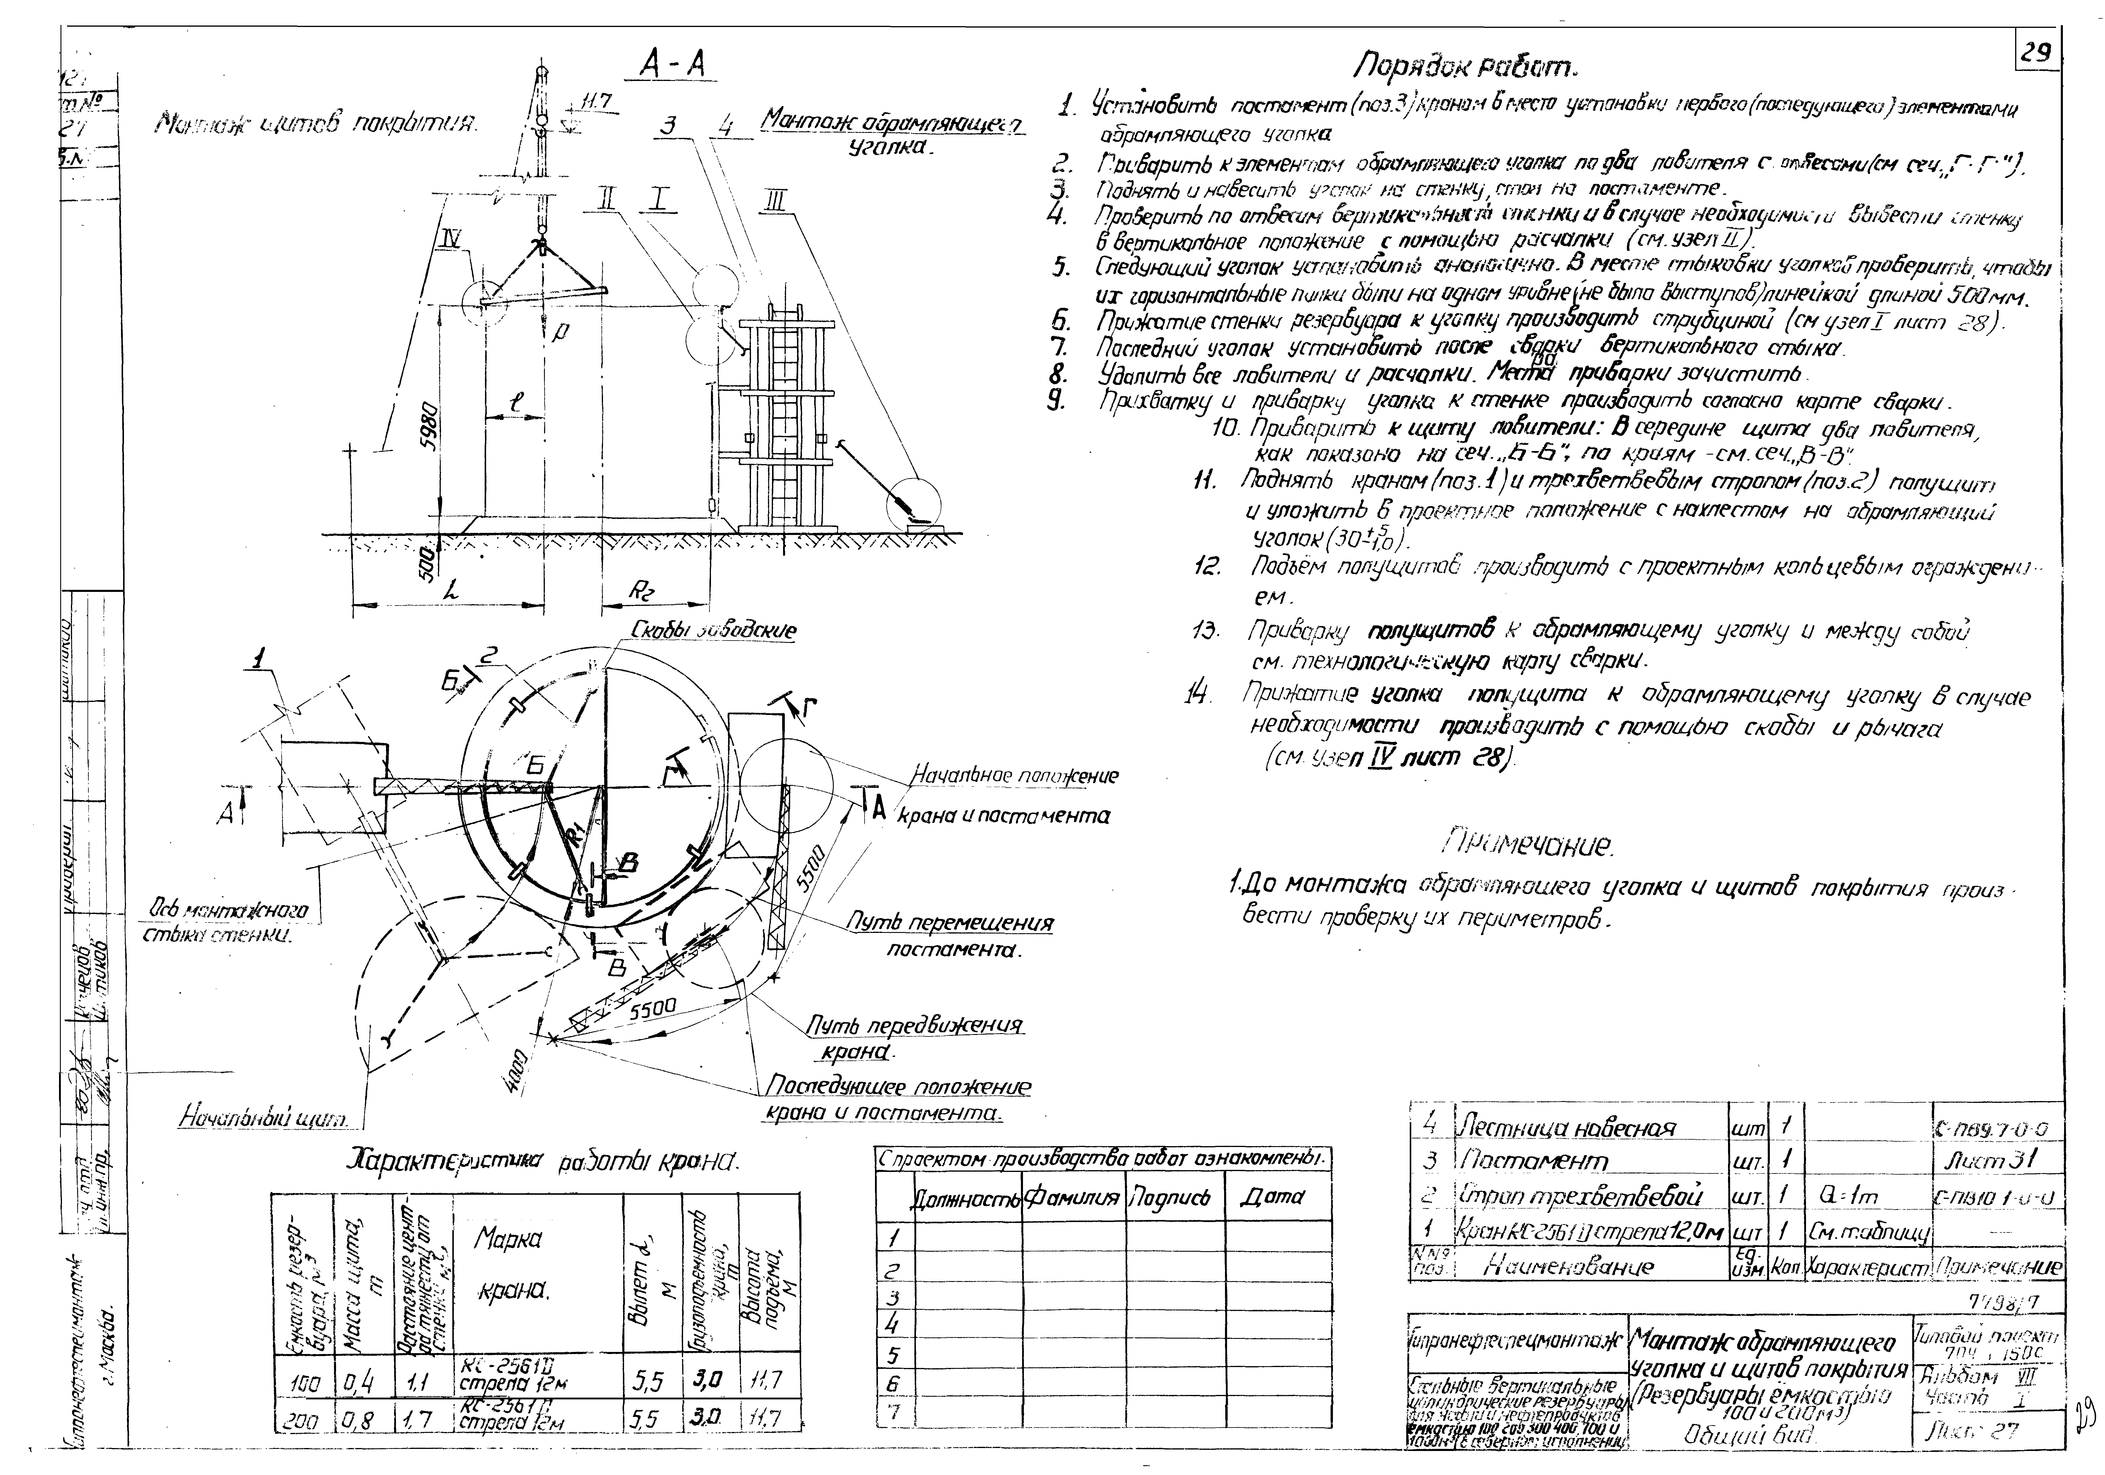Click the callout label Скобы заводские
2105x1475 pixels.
point(713,631)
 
